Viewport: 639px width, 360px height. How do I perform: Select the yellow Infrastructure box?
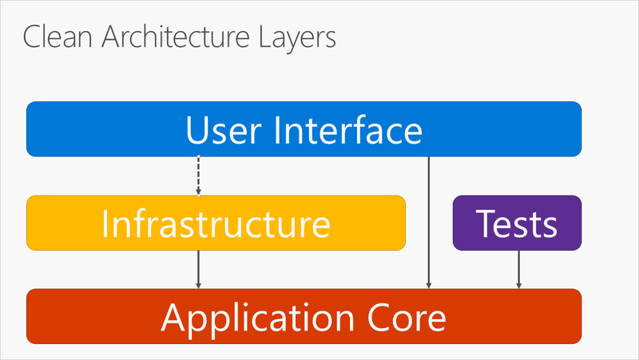tap(216, 224)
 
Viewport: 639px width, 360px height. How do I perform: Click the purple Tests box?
tap(517, 224)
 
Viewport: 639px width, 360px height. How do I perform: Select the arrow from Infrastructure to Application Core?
tap(198, 268)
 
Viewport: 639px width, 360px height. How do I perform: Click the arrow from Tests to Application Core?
tap(519, 268)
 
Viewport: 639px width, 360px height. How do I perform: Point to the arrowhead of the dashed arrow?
tap(198, 192)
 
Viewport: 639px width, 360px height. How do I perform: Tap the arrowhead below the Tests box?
tap(519, 285)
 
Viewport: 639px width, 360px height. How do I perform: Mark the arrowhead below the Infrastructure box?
tap(198, 285)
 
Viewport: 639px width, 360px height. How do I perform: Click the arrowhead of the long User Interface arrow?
tap(430, 285)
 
